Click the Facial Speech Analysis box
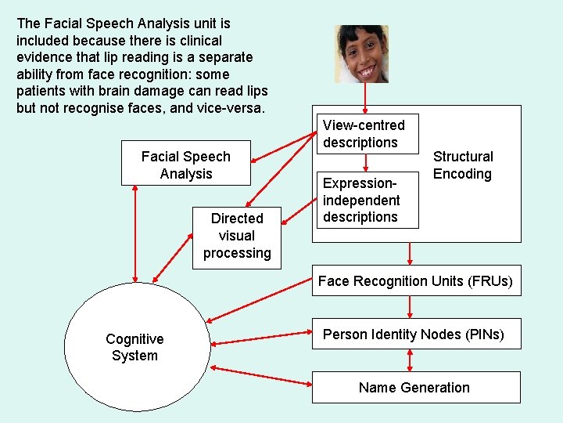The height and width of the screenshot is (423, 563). [x=186, y=164]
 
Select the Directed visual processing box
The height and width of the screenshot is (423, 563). [x=236, y=235]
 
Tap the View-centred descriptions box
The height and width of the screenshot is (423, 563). [x=364, y=134]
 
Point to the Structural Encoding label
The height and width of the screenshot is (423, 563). [x=463, y=165]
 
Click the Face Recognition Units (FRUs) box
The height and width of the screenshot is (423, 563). [x=415, y=281]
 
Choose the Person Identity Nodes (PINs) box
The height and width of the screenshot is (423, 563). [x=414, y=334]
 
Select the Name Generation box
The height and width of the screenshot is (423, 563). [x=415, y=387]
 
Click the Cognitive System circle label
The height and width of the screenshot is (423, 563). [x=134, y=347]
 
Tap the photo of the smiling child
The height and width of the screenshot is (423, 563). [x=362, y=53]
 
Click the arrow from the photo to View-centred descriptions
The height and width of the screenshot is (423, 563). [x=365, y=98]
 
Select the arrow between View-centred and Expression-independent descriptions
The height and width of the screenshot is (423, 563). [x=365, y=162]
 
